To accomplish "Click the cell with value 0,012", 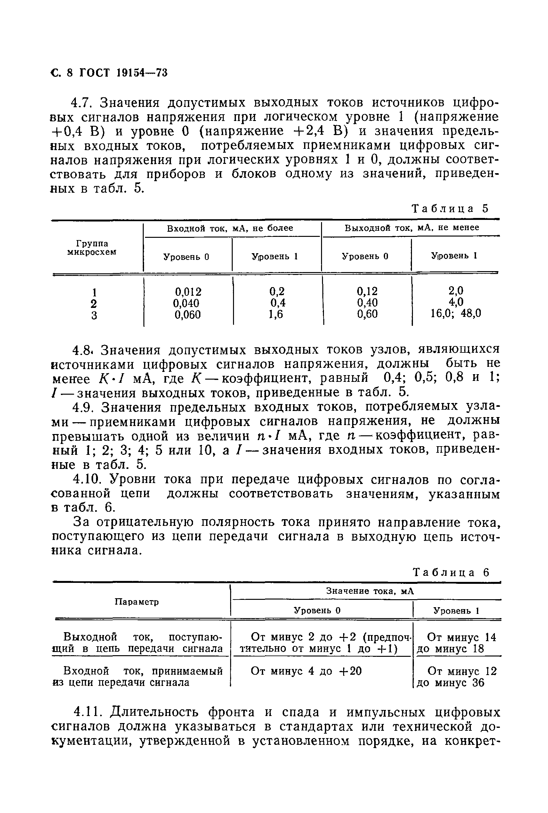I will click(188, 291).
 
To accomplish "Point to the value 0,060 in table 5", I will click(188, 315).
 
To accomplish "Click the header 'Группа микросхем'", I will click(92, 247).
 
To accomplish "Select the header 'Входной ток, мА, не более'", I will click(230, 228).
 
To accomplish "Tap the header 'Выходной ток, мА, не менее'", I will click(411, 228).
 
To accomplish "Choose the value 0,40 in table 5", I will click(367, 302).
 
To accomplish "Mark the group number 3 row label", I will click(94, 316).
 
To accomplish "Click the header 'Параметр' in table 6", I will click(137, 602).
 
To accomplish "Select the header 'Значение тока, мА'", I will click(370, 591).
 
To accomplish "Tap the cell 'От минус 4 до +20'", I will click(306, 671).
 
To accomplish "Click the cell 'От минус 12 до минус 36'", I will click(456, 676).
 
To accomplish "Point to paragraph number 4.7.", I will click(81, 103).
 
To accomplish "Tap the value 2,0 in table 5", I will click(455, 291).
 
